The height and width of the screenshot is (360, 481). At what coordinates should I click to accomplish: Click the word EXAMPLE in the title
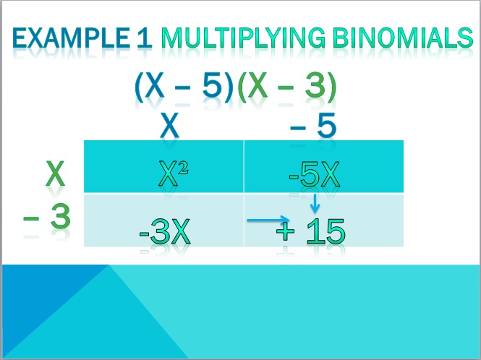coord(71,38)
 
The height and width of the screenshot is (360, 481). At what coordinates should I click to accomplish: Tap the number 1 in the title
coord(145,38)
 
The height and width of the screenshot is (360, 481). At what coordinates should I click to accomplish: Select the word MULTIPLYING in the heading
coord(243,38)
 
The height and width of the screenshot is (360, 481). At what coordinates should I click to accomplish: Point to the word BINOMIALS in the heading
coord(403,38)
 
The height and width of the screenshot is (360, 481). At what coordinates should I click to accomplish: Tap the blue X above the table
coord(170,125)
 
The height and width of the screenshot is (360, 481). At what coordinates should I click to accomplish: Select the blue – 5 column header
coord(313,126)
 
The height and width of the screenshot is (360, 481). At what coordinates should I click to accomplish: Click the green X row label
coord(55,173)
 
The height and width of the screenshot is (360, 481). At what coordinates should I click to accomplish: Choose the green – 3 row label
coord(47,217)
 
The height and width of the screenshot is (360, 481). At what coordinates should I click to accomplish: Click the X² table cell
coord(163,166)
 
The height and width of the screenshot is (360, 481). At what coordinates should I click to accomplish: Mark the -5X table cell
coord(324,166)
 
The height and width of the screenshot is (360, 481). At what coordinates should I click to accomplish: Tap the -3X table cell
coord(163,220)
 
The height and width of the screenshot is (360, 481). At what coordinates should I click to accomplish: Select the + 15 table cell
coord(324,220)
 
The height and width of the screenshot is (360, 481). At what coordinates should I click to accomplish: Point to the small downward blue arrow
coord(315,203)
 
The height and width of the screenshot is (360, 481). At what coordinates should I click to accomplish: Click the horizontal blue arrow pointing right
coord(268,220)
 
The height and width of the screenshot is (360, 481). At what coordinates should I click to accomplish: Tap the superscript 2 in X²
coord(183,168)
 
